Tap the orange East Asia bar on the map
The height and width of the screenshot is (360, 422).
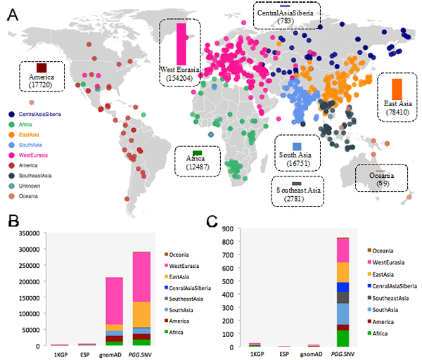point(397,89)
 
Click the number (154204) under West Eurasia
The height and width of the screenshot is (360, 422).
point(180,79)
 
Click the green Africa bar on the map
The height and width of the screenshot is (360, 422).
point(198,153)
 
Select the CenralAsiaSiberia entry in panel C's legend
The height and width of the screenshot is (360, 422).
point(392,287)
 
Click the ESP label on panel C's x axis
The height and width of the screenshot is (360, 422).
point(284,354)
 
